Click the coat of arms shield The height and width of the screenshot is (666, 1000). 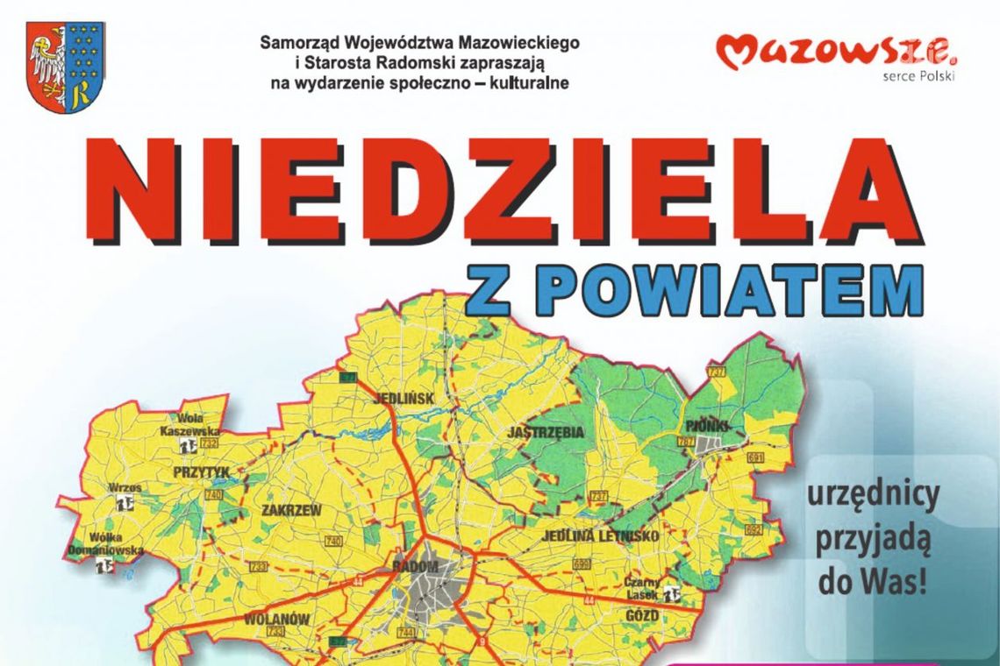(66, 67)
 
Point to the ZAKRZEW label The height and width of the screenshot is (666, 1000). (291, 508)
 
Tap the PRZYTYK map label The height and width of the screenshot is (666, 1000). (202, 472)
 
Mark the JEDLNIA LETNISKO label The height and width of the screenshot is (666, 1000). (601, 535)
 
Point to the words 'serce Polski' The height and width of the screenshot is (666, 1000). (919, 75)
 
